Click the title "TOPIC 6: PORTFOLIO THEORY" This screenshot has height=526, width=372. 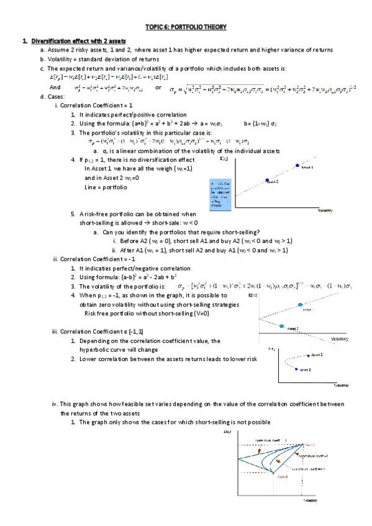pos(186,27)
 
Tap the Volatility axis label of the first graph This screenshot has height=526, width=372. pos(325,211)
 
